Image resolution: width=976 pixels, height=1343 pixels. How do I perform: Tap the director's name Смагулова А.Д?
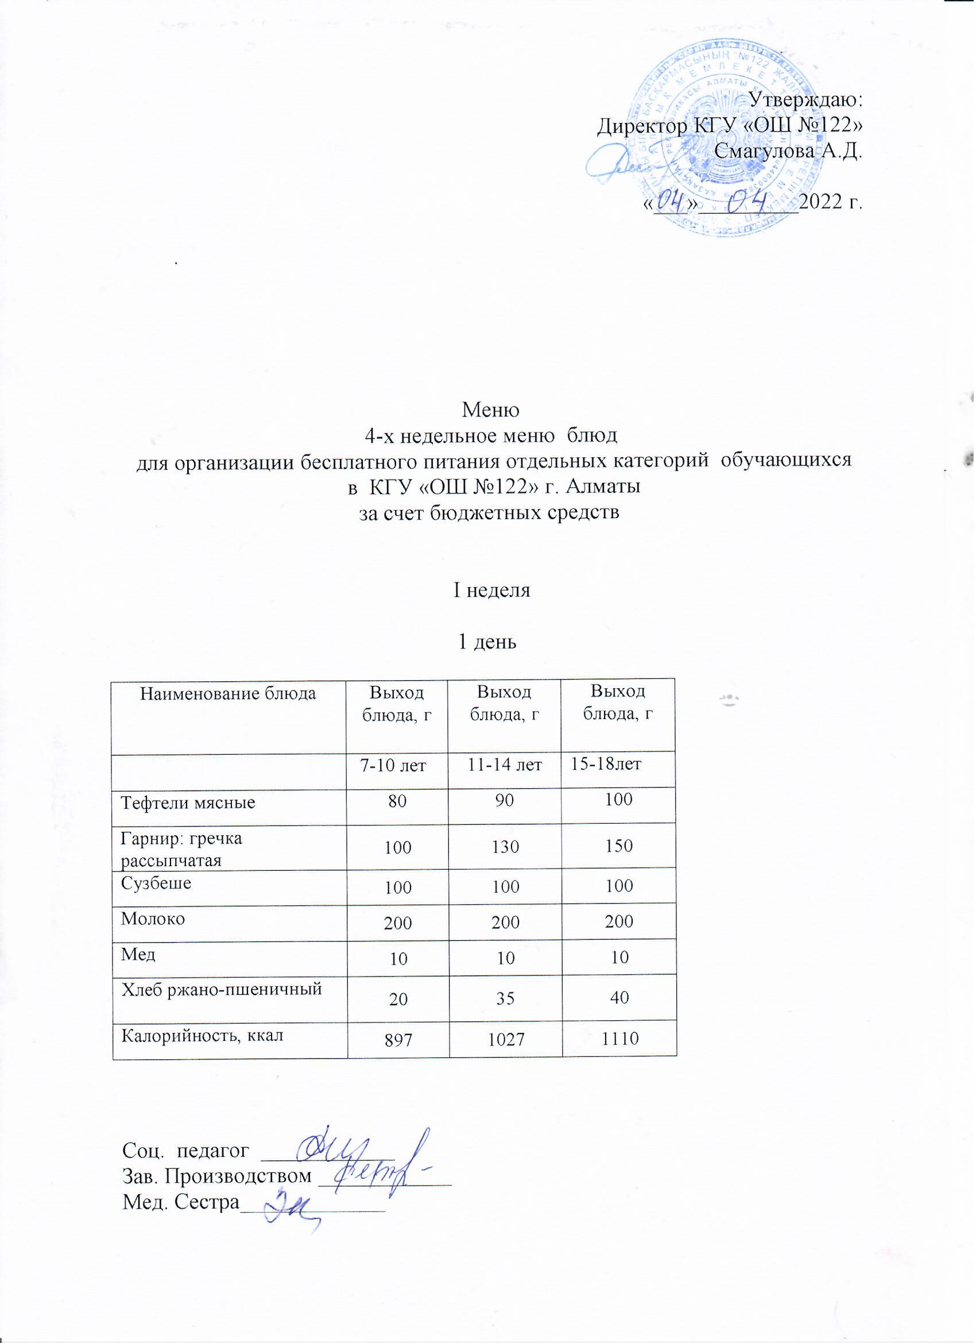pyautogui.click(x=788, y=152)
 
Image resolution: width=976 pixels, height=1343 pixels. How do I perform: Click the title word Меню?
pyautogui.click(x=491, y=408)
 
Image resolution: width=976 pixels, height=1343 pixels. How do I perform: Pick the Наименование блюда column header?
pyautogui.click(x=228, y=693)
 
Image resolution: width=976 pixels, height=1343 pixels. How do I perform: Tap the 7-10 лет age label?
pyautogui.click(x=394, y=766)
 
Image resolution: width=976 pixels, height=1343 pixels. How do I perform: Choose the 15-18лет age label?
pyautogui.click(x=606, y=765)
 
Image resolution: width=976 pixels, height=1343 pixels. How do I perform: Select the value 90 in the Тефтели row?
pyautogui.click(x=505, y=801)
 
